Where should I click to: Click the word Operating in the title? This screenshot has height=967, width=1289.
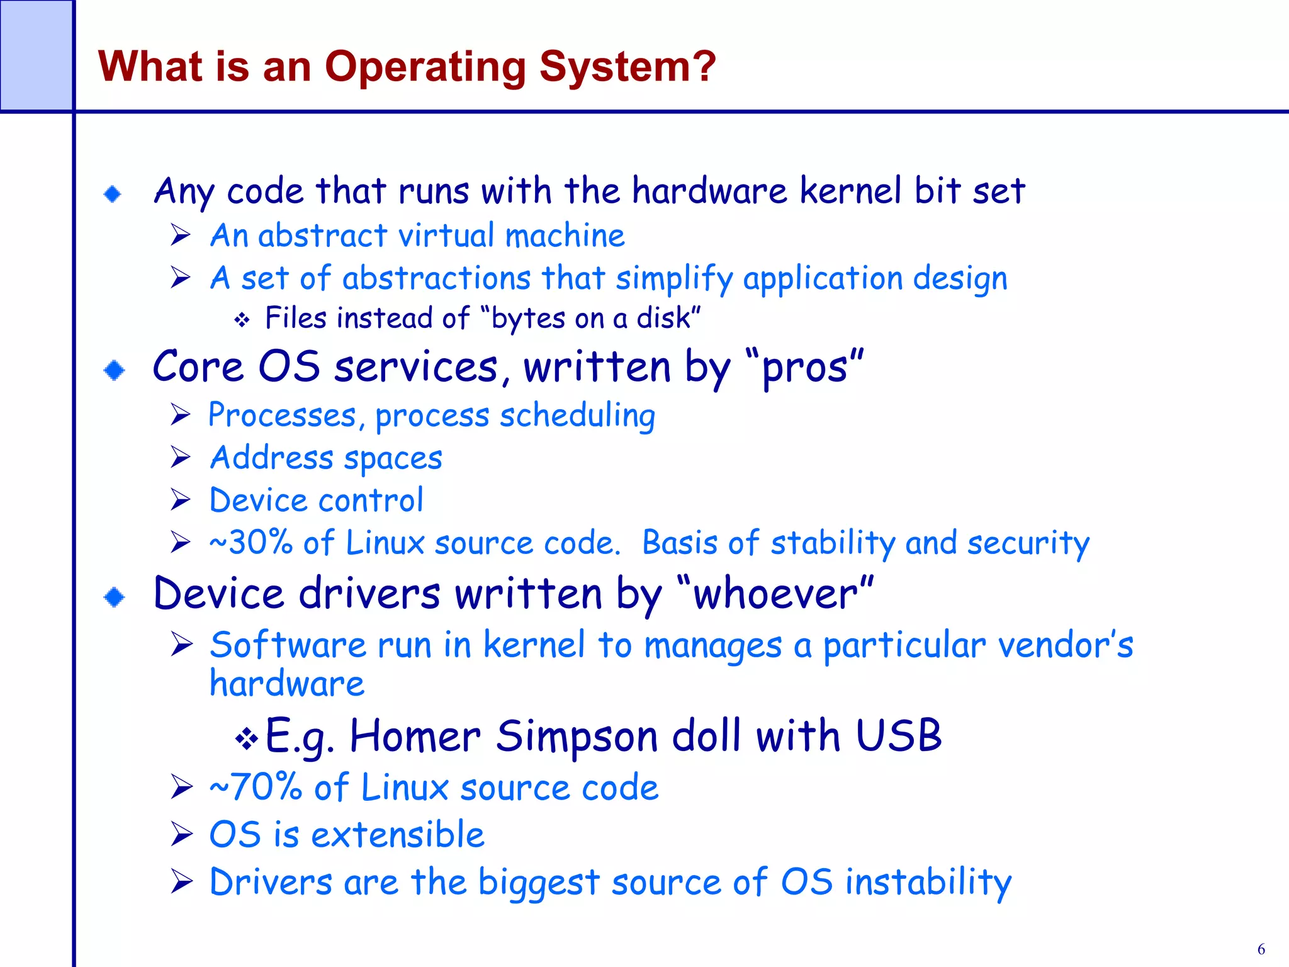click(425, 67)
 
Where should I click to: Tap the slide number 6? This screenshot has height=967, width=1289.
click(1261, 949)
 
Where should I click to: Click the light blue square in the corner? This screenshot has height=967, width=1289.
click(36, 55)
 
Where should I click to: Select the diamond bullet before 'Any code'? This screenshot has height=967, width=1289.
click(113, 194)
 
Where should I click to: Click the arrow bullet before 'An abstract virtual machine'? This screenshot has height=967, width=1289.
click(181, 235)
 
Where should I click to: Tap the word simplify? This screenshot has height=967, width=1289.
click(673, 278)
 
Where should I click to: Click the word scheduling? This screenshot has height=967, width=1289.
click(577, 416)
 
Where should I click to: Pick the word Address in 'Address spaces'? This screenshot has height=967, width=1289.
click(272, 458)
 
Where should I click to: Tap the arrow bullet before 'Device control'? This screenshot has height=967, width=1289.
click(181, 500)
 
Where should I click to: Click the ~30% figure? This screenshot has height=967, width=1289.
click(251, 543)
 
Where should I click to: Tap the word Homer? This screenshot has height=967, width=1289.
click(415, 736)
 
